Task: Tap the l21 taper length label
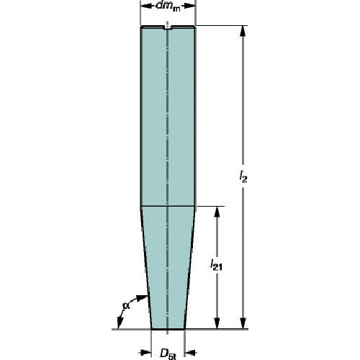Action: click(217, 266)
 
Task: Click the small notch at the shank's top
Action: click(168, 29)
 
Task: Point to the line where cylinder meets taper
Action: click(168, 207)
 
